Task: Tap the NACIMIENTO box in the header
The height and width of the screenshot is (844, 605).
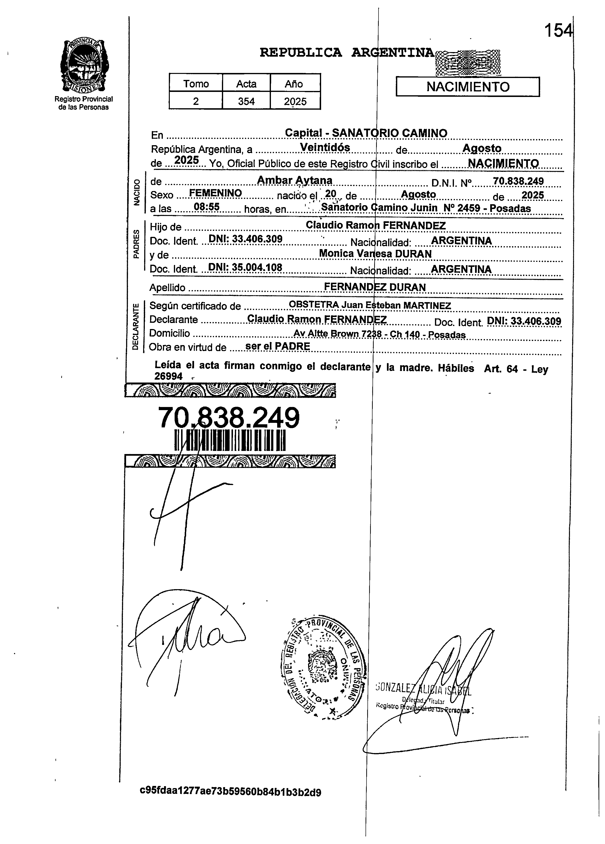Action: pos(468,87)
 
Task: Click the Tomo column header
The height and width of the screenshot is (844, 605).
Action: pos(196,84)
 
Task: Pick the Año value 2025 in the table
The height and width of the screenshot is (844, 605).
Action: pos(295,101)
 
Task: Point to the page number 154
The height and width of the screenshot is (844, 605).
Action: pos(558,30)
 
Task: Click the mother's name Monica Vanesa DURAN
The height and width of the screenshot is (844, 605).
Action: pos(375,254)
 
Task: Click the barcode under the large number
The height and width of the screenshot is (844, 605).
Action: pos(230,440)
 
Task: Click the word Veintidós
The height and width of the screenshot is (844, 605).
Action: pos(325,148)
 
